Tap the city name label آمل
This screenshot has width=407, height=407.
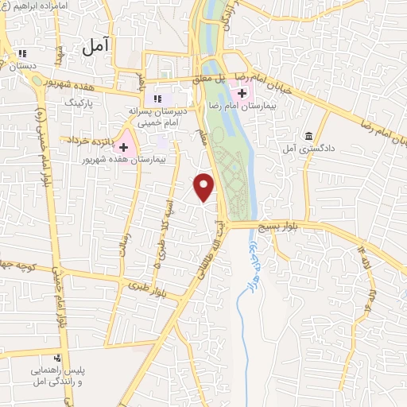[x=97, y=47]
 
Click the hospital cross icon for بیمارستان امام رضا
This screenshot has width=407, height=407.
[x=242, y=93]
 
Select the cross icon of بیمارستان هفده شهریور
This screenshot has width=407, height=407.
[x=124, y=147]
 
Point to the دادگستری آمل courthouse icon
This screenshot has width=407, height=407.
[x=308, y=135]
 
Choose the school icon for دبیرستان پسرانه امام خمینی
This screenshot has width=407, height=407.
[x=157, y=98]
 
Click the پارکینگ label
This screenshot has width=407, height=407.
[x=79, y=103]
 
